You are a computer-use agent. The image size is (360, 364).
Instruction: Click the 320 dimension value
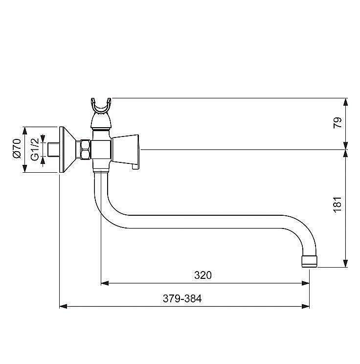(203, 275)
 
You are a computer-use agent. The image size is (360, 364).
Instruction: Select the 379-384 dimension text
(182, 298)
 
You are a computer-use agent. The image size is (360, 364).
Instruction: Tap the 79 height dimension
(337, 122)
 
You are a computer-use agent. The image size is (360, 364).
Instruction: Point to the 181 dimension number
(337, 205)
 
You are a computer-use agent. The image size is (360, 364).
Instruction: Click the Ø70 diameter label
(17, 149)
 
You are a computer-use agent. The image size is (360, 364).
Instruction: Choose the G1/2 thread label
(35, 149)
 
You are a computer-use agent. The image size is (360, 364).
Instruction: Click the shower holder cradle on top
(101, 106)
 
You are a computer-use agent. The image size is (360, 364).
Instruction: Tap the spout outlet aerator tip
(310, 262)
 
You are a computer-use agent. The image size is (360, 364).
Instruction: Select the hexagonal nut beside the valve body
(85, 150)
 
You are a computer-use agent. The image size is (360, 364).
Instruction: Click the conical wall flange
(67, 150)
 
